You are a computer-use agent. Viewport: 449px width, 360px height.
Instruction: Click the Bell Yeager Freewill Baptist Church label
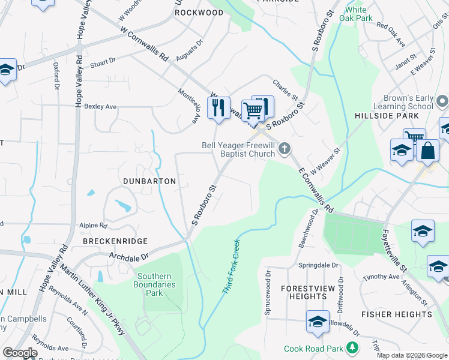point(238,149)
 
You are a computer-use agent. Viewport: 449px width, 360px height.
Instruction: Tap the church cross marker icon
point(285,148)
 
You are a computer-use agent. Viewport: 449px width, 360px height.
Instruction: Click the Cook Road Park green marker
point(354,349)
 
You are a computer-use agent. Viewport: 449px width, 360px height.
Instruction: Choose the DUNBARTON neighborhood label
point(149,181)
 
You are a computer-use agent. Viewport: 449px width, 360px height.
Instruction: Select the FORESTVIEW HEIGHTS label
point(304,292)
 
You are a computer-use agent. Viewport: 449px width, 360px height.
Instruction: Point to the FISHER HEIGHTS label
point(396,314)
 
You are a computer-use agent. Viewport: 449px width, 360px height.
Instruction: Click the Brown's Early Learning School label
point(400,102)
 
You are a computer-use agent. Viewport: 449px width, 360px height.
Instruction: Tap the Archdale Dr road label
point(128,257)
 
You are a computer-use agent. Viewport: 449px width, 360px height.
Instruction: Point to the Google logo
point(20,353)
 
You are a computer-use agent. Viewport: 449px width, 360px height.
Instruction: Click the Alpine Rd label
point(93,226)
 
